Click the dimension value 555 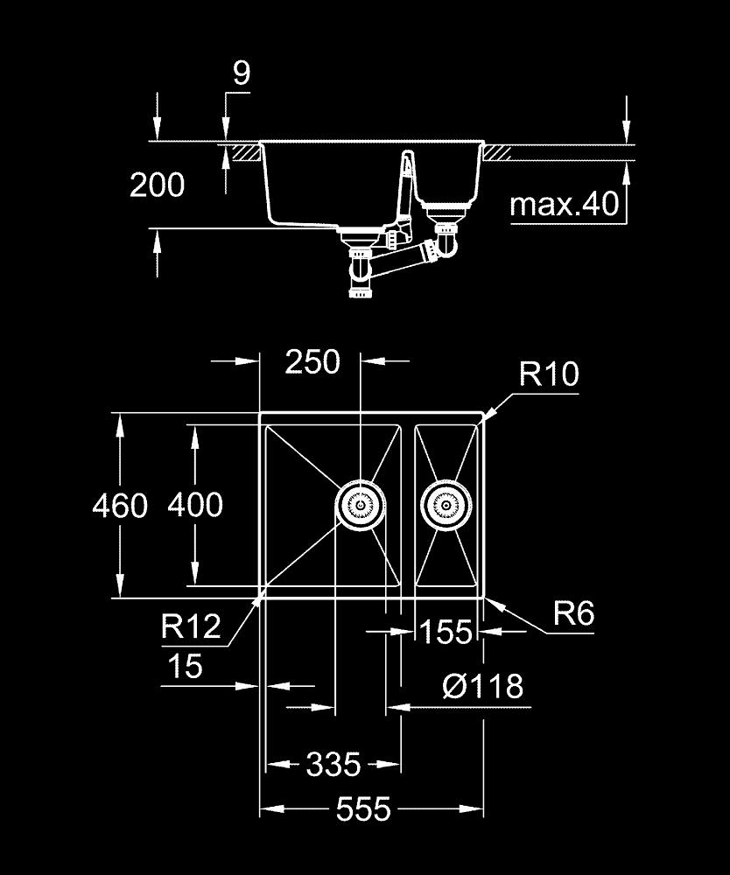pyautogui.click(x=363, y=809)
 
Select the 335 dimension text pyautogui.click(x=333, y=766)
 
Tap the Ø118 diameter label pyautogui.click(x=482, y=686)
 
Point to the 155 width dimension pyautogui.click(x=446, y=632)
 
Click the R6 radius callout pyautogui.click(x=573, y=614)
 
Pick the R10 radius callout pyautogui.click(x=549, y=374)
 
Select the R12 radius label pyautogui.click(x=191, y=626)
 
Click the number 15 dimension pyautogui.click(x=184, y=667)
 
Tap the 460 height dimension pyautogui.click(x=120, y=506)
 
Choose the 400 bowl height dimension pyautogui.click(x=195, y=505)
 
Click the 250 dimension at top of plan pyautogui.click(x=312, y=361)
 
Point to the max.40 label pyautogui.click(x=564, y=206)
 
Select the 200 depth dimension pyautogui.click(x=158, y=185)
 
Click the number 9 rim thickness pyautogui.click(x=241, y=73)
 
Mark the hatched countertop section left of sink pyautogui.click(x=243, y=151)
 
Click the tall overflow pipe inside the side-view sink pyautogui.click(x=406, y=188)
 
